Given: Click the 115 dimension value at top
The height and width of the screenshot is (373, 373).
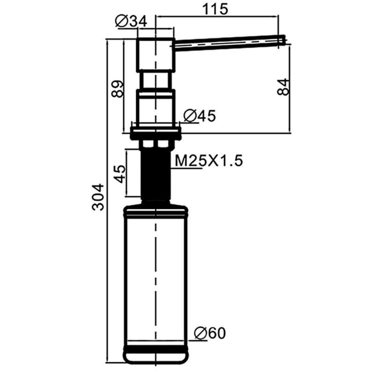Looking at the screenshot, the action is click(x=215, y=9).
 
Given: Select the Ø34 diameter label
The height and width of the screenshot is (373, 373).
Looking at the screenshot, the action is click(x=131, y=21).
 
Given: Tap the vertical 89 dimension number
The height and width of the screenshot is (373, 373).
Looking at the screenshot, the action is click(x=118, y=89).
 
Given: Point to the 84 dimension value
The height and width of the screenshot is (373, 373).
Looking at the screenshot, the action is click(x=283, y=87).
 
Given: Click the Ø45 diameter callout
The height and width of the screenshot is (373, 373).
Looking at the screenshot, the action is click(x=200, y=116).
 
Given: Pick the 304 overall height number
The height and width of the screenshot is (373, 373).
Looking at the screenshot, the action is click(x=98, y=197).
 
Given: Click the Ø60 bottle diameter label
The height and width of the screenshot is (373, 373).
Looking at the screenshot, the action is click(x=210, y=333).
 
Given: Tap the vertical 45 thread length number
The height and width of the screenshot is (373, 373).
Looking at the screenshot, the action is click(x=120, y=174).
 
